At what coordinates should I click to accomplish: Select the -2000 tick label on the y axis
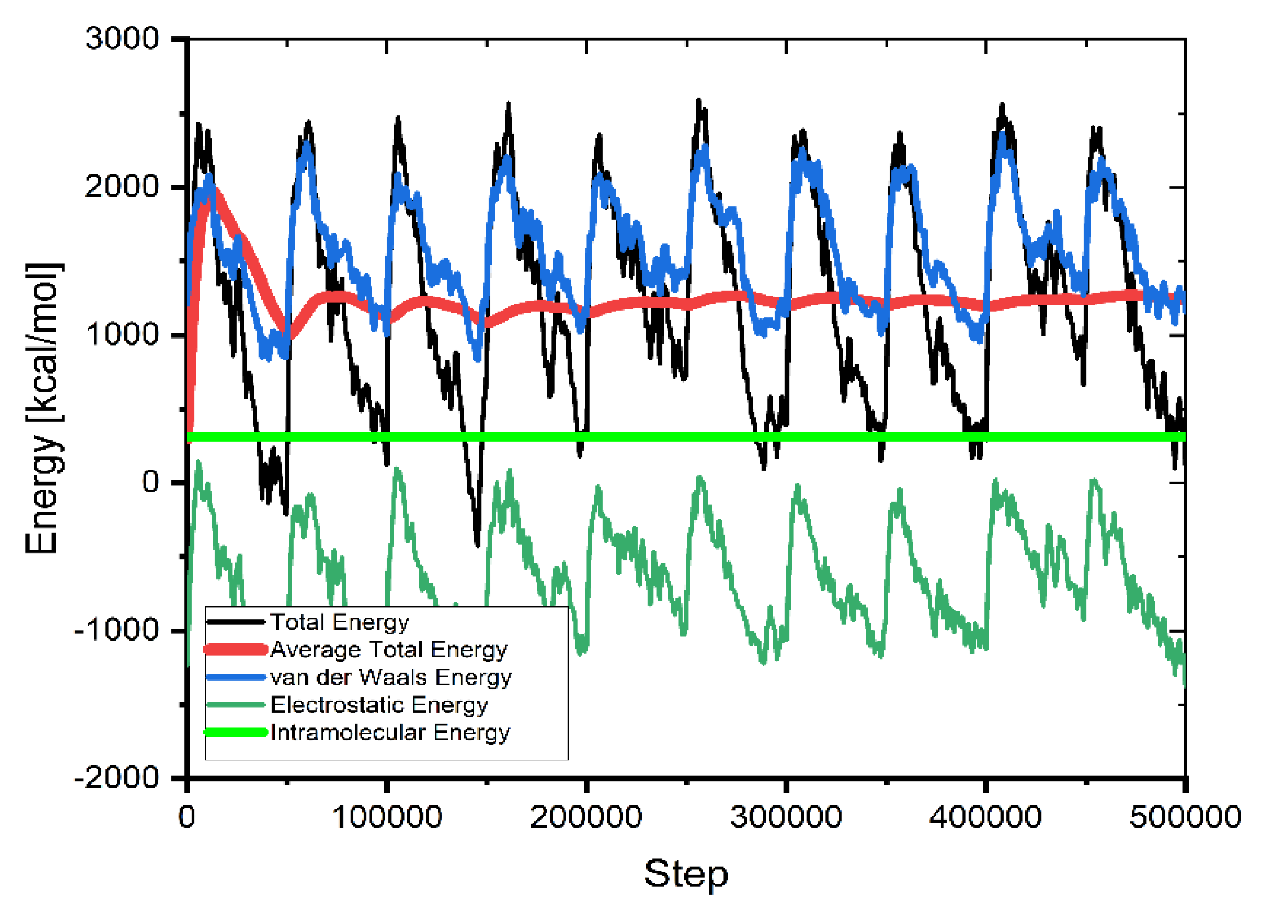click(117, 777)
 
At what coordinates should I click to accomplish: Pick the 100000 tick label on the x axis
click(386, 817)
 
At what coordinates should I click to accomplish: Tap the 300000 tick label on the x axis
click(786, 817)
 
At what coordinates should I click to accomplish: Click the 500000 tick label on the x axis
click(1185, 817)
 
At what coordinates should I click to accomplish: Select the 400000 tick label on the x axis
click(985, 817)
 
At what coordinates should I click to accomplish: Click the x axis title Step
click(686, 874)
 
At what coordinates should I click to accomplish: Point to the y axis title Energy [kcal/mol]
click(43, 408)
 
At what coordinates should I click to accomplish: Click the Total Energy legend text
click(339, 622)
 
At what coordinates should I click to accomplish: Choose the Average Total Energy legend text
click(389, 649)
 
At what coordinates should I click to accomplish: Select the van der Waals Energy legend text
click(391, 677)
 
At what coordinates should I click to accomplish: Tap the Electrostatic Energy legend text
click(379, 705)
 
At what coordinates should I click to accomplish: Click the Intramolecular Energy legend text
click(390, 732)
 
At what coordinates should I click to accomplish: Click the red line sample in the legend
click(235, 650)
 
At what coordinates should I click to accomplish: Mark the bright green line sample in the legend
click(235, 733)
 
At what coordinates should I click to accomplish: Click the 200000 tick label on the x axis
click(586, 817)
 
